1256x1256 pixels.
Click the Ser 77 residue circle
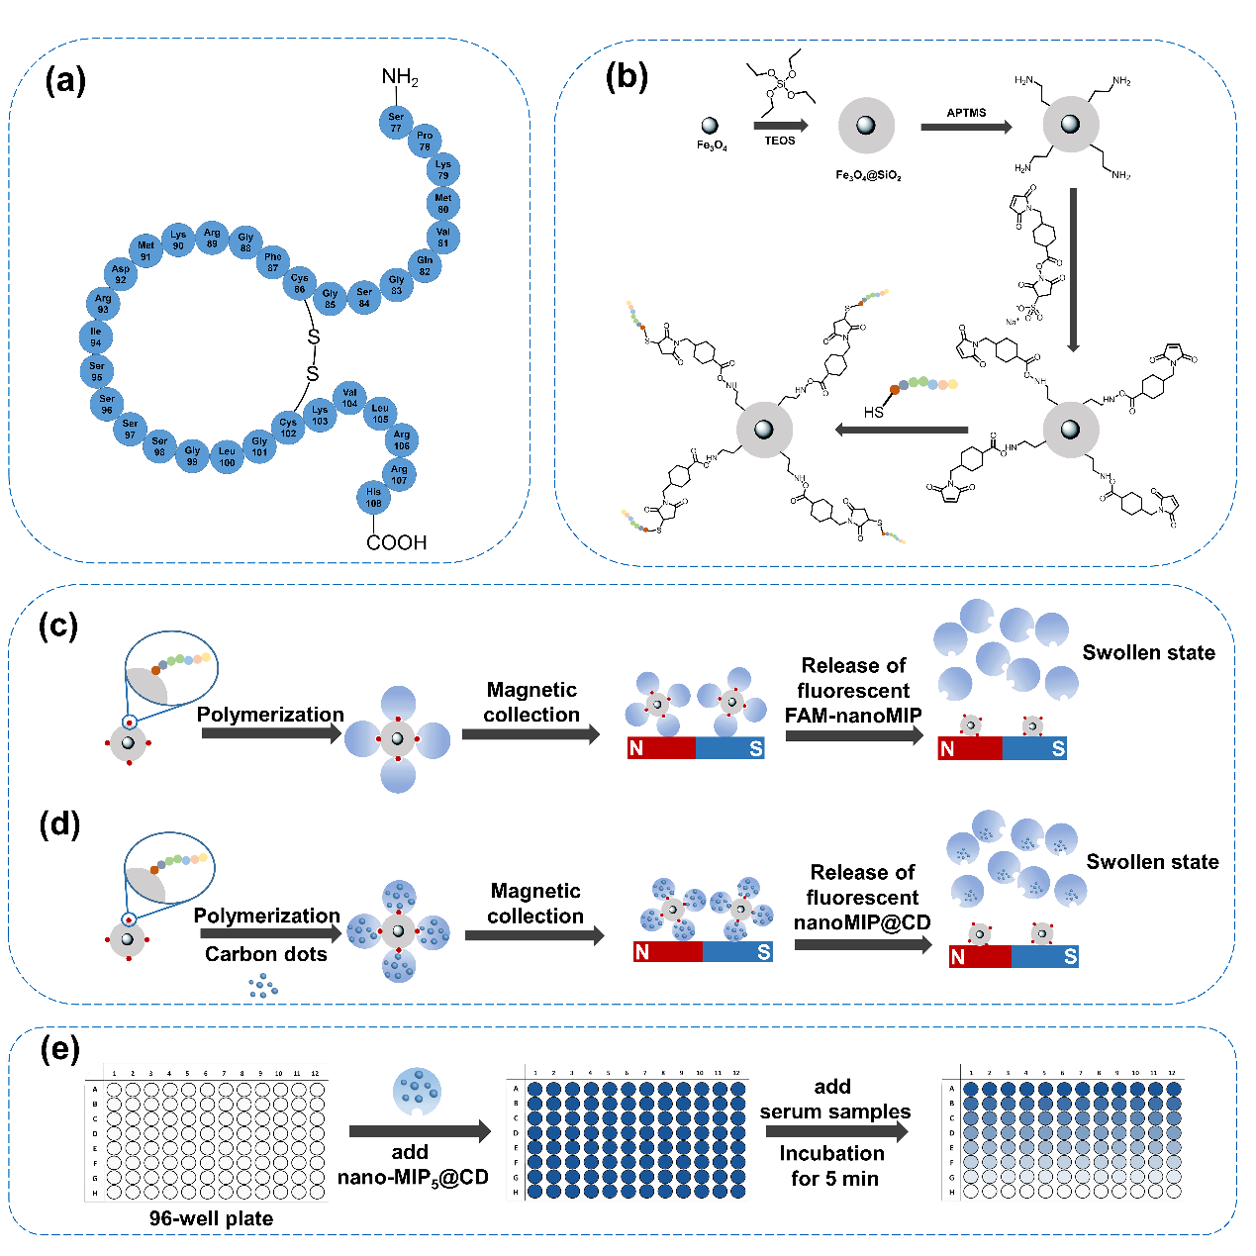(x=396, y=123)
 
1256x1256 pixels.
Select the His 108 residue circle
(x=373, y=497)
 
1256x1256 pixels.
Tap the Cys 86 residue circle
(x=299, y=284)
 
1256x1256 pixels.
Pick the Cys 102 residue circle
(x=288, y=428)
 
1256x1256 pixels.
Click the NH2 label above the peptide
(x=400, y=77)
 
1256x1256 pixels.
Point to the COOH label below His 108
(x=396, y=542)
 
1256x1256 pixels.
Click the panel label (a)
(x=65, y=80)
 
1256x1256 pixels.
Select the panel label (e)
(x=59, y=1048)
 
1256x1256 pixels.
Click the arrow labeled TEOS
(x=781, y=126)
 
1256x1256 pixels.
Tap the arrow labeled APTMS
(x=966, y=127)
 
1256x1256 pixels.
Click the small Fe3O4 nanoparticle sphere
(x=710, y=126)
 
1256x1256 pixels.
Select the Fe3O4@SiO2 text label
(x=868, y=175)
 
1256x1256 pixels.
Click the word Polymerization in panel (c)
(x=270, y=715)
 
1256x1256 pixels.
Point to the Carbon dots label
(x=265, y=954)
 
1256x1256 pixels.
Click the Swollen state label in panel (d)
(x=1152, y=862)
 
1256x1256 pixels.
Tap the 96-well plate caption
(x=211, y=1218)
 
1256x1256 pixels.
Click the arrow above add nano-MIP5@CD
(x=420, y=1131)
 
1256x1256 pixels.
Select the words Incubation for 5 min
(x=833, y=1166)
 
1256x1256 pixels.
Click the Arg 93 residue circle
(x=103, y=304)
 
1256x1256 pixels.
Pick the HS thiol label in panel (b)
(x=873, y=412)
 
